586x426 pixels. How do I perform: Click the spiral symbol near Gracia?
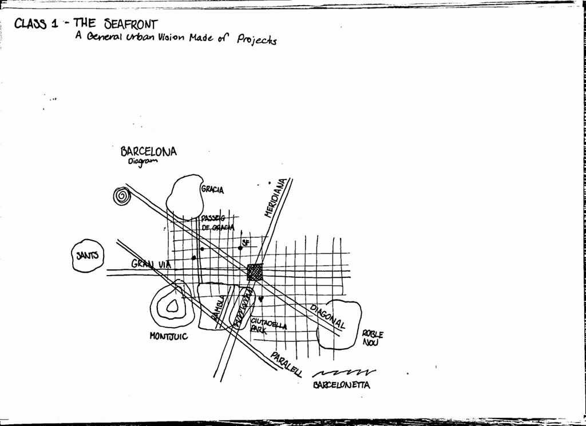pyautogui.click(x=121, y=196)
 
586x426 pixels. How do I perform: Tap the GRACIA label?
pyautogui.click(x=212, y=189)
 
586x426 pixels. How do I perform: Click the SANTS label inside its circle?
pyautogui.click(x=88, y=256)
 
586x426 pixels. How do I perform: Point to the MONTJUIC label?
pyautogui.click(x=168, y=336)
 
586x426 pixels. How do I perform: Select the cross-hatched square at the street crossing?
pyautogui.click(x=255, y=272)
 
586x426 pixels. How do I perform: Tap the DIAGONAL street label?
pyautogui.click(x=327, y=316)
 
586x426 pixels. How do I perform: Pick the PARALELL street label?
pyautogui.click(x=286, y=364)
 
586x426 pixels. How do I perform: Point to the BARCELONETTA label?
pyautogui.click(x=341, y=385)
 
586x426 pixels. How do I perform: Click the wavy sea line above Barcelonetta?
pyautogui.click(x=343, y=373)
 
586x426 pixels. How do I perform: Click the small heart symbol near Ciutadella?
pyautogui.click(x=261, y=298)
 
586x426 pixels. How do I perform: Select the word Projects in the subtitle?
pyautogui.click(x=257, y=41)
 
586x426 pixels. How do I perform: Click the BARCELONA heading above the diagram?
pyautogui.click(x=148, y=152)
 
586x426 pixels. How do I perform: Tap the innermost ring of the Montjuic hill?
pyautogui.click(x=172, y=307)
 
